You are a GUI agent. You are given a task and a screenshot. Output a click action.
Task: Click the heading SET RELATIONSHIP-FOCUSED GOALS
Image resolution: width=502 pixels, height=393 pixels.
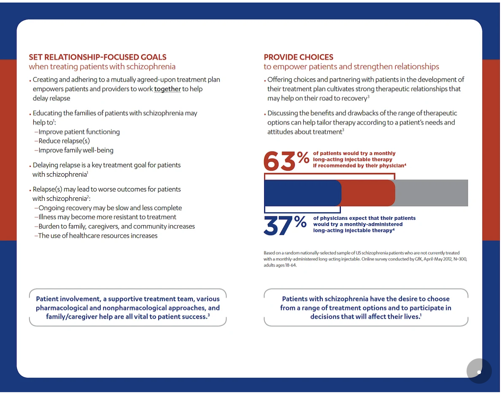click(97, 57)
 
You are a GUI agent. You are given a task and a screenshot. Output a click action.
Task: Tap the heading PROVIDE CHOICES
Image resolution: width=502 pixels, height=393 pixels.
click(298, 57)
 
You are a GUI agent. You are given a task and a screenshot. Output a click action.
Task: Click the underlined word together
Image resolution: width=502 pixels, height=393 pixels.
click(167, 89)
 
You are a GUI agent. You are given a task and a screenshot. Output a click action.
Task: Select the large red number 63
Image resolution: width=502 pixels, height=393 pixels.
click(279, 161)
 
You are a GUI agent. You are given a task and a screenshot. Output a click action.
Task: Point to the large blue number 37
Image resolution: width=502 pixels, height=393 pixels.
click(279, 225)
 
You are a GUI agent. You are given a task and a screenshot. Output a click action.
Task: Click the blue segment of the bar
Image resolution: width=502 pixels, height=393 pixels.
click(302, 193)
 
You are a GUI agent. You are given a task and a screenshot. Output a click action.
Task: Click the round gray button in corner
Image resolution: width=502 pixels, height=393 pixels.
click(479, 371)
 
